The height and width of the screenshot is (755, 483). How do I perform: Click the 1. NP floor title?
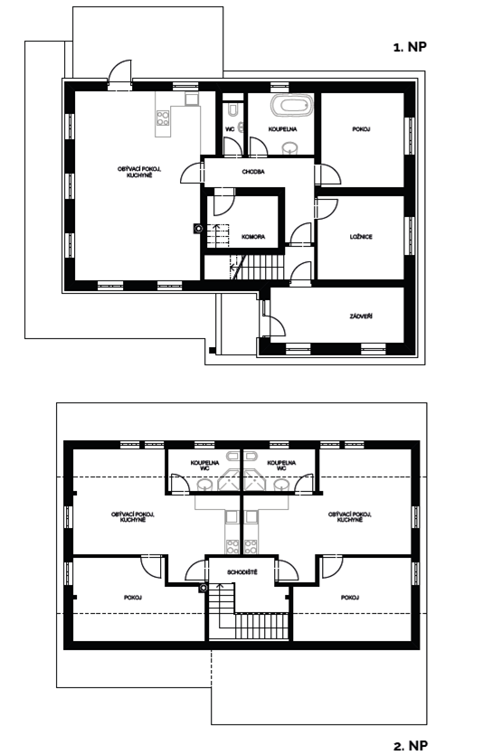click(x=411, y=47)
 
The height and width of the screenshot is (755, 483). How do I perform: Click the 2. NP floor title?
click(x=411, y=746)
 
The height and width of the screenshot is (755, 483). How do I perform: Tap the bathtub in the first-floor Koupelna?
click(x=291, y=105)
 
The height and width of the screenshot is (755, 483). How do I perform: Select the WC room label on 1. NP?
click(x=230, y=129)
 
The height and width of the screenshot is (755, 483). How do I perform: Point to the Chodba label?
click(x=253, y=172)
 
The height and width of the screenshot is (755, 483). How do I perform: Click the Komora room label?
click(x=253, y=237)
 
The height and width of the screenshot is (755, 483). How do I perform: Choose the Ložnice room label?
click(x=361, y=237)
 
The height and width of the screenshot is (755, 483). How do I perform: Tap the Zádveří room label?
click(x=361, y=316)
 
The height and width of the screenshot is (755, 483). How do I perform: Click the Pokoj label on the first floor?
click(x=361, y=129)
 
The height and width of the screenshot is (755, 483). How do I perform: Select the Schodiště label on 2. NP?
click(x=242, y=572)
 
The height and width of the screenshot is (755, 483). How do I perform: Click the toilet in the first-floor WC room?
click(x=233, y=109)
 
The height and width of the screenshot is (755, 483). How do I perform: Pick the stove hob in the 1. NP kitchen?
click(x=163, y=118)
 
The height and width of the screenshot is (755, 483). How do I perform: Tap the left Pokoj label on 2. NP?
click(x=133, y=598)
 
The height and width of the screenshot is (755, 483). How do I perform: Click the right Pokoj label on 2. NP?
click(x=350, y=598)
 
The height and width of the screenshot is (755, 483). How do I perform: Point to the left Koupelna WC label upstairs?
click(x=204, y=465)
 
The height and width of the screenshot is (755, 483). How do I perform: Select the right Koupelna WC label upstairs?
click(x=281, y=465)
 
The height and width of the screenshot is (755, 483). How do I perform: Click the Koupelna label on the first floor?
click(x=282, y=129)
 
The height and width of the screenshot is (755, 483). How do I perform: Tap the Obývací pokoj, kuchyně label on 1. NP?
click(x=139, y=172)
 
